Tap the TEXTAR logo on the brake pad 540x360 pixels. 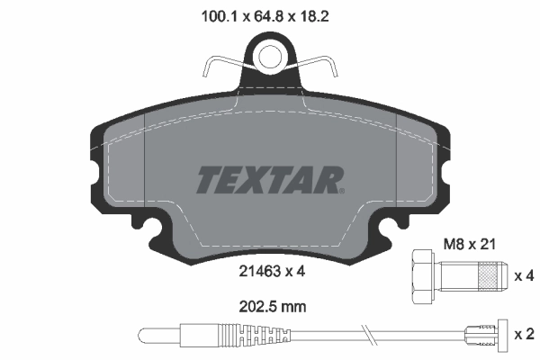[x=268, y=180]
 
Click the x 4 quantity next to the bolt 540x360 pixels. [x=523, y=274]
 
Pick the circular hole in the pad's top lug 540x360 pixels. [x=270, y=57]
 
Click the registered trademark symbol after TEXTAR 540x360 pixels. [x=341, y=190]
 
